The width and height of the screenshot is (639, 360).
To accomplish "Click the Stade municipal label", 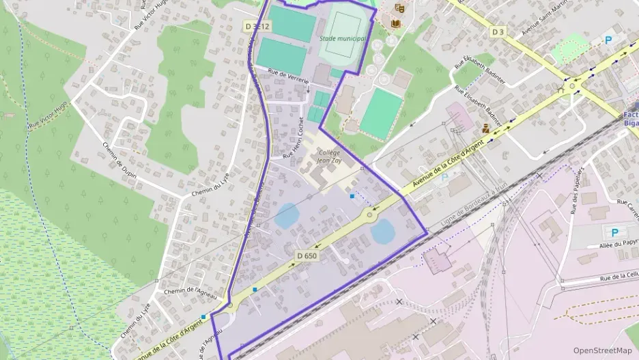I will [343, 39].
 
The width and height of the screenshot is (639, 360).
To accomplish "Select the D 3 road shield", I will [498, 31].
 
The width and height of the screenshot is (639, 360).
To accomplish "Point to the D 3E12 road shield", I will [258, 26].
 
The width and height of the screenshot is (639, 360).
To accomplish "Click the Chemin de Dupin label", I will [119, 161].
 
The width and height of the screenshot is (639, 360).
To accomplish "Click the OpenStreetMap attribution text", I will [602, 350].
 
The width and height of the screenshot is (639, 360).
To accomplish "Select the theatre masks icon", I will [399, 8].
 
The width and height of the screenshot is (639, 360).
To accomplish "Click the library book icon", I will [395, 23].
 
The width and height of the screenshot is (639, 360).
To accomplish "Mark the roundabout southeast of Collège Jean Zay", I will [370, 215].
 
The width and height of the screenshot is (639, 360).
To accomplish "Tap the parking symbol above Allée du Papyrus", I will [613, 232].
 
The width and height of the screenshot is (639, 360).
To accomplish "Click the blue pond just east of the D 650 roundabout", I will [382, 231].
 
